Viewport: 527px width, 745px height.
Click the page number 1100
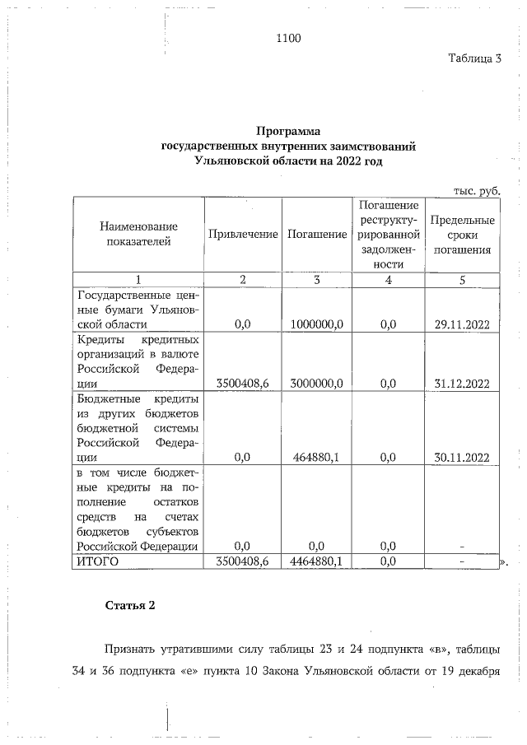pyautogui.click(x=289, y=37)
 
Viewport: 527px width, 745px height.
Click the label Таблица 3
pyautogui.click(x=474, y=58)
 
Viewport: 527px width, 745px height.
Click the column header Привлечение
pyautogui.click(x=243, y=235)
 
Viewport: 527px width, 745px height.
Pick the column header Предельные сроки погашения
pyautogui.click(x=462, y=235)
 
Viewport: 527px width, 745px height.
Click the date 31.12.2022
pyautogui.click(x=462, y=384)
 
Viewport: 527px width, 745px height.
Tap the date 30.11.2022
pyautogui.click(x=462, y=458)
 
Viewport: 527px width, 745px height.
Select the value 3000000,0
pyautogui.click(x=317, y=384)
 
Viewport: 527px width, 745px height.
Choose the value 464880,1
pyautogui.click(x=317, y=458)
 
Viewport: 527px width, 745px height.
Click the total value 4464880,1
pyautogui.click(x=317, y=561)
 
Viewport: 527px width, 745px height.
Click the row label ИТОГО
pyautogui.click(x=98, y=561)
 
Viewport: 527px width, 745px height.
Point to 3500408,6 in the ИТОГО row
pyautogui.click(x=243, y=561)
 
